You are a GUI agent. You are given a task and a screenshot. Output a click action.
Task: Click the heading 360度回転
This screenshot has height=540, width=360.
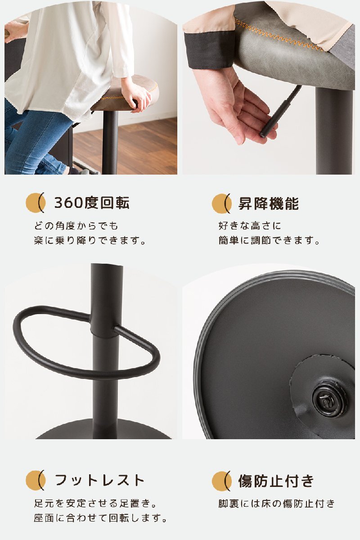(92, 203)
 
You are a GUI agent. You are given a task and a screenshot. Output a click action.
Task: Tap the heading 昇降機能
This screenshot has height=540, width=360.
(269, 203)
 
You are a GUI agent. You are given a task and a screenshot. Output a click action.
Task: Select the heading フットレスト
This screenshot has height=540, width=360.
(99, 480)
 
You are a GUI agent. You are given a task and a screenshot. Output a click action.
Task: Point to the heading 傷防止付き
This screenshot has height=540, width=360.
(276, 481)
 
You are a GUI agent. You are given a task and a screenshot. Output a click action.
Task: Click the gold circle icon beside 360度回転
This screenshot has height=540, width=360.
(35, 203)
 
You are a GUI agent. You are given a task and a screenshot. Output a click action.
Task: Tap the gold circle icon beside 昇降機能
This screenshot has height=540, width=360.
(220, 204)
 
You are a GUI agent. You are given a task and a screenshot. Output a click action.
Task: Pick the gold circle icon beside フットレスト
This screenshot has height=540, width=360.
(35, 480)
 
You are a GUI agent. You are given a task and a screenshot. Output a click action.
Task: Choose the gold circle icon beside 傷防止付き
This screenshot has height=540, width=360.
(220, 481)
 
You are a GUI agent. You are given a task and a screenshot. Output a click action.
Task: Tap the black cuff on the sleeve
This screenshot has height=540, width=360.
(209, 50)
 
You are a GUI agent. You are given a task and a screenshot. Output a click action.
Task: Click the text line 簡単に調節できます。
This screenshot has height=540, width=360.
(269, 240)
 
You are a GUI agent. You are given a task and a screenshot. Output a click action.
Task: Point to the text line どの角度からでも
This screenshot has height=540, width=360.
(76, 226)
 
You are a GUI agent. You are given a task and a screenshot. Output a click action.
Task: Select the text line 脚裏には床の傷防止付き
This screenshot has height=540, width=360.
(277, 504)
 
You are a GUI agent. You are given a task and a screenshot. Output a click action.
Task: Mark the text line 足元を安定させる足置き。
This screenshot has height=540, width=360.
(95, 504)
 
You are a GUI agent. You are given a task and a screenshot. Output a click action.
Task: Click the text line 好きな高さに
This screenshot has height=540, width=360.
(250, 226)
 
